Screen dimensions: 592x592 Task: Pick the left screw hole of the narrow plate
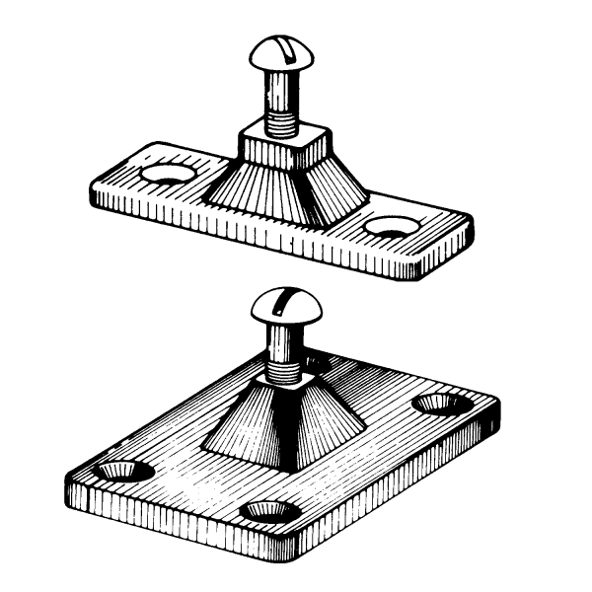164,177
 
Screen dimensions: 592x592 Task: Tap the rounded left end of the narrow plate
104,187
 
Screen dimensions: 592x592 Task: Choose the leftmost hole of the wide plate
117,468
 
